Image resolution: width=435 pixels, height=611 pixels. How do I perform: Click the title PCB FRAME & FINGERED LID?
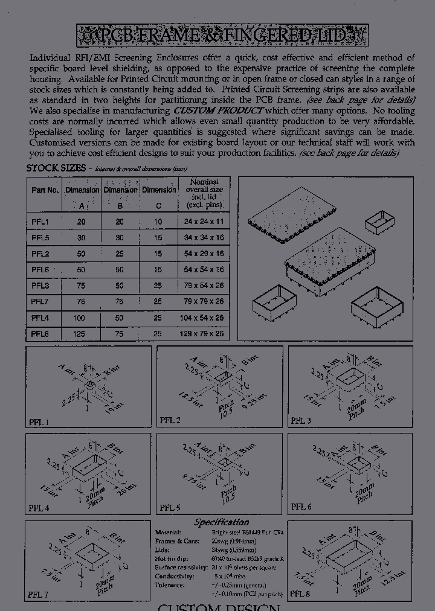[222, 36]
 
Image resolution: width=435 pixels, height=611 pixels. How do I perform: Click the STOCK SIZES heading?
[56, 168]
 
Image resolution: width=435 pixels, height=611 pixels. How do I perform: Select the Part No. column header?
[45, 190]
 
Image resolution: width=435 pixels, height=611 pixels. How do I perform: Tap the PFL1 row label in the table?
[40, 222]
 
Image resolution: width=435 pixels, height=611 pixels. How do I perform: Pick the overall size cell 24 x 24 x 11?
[204, 222]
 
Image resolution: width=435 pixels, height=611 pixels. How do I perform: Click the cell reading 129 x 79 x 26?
[204, 333]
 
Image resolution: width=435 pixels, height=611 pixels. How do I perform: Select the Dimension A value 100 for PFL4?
[81, 318]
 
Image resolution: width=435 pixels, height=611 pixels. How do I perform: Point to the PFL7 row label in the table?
[40, 301]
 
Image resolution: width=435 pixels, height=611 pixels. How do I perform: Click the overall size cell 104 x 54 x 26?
[204, 318]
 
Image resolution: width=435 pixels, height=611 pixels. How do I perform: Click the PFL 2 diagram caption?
[170, 420]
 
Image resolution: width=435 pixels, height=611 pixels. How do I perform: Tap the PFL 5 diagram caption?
[170, 508]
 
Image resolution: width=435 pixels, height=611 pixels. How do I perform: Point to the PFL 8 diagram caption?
[301, 594]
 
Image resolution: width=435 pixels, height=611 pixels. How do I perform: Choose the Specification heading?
[221, 522]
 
